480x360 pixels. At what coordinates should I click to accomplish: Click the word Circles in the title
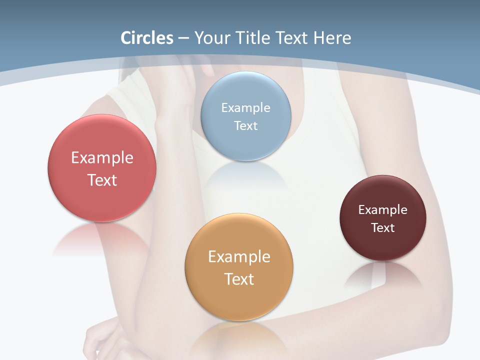pos(147,38)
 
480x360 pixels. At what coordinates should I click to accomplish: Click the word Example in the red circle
pos(102,158)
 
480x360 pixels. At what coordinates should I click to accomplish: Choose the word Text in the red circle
pos(102,180)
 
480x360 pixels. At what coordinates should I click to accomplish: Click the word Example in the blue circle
pos(245,107)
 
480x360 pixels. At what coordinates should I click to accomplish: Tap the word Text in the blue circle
pos(245,125)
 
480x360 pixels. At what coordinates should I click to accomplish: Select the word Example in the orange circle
pos(239,256)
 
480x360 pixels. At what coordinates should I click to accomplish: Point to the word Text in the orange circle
pos(239,279)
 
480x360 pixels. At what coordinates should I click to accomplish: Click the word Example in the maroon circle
pos(383,210)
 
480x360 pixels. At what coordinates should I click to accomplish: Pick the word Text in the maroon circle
pos(383,228)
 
